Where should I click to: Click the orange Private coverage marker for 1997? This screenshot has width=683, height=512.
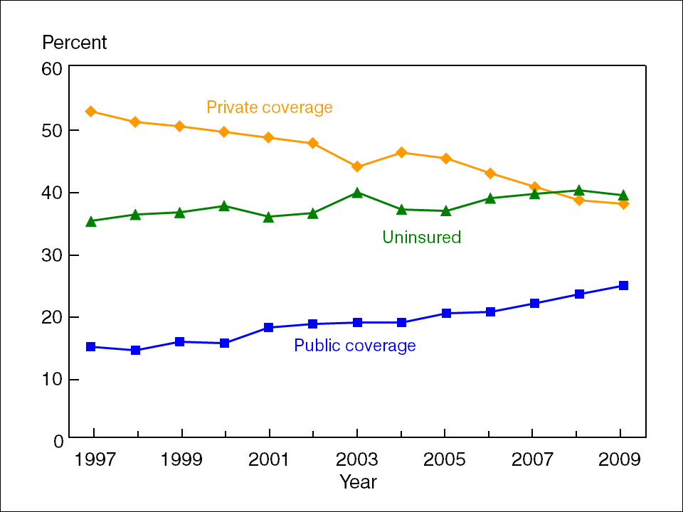click(x=91, y=112)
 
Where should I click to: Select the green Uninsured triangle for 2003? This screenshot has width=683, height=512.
click(x=357, y=192)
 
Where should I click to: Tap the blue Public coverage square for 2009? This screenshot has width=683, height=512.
click(x=623, y=286)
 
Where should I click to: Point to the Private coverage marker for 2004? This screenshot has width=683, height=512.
click(x=402, y=152)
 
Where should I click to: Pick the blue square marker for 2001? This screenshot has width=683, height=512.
click(x=269, y=327)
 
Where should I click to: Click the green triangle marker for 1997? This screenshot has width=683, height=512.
click(x=91, y=221)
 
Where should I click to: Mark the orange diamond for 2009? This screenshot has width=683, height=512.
click(x=623, y=204)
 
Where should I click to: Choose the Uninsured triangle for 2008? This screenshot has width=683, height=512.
click(x=579, y=190)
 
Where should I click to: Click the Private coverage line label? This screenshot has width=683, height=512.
click(x=269, y=108)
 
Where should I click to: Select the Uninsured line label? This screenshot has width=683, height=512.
click(x=421, y=238)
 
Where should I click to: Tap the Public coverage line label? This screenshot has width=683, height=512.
click(x=354, y=346)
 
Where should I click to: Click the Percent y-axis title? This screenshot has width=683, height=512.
click(x=74, y=43)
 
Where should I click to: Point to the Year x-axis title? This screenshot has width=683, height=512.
click(x=358, y=482)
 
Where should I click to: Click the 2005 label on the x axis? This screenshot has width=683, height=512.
click(x=445, y=459)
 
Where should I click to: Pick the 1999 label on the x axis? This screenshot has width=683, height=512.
click(x=181, y=459)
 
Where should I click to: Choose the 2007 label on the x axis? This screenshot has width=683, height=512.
click(x=532, y=459)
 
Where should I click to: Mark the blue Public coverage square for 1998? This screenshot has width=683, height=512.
click(x=135, y=351)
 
